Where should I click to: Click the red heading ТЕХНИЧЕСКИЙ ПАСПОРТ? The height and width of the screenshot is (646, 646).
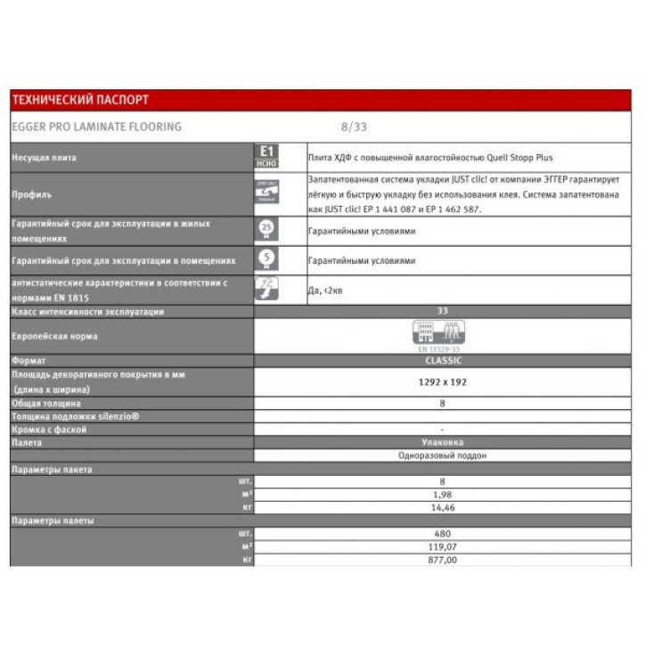80,100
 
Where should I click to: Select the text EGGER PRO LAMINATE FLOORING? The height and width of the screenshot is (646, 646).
97,127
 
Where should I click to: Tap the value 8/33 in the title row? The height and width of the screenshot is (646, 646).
354,127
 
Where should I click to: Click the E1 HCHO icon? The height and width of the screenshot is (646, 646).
266,156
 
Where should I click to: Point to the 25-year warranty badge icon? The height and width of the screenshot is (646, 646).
266,230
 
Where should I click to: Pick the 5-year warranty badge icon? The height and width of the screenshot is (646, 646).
266,260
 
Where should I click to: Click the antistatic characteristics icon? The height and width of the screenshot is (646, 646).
266,288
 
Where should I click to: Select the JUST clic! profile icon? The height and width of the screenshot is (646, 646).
266,192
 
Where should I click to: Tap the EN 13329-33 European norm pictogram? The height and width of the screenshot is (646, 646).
442,336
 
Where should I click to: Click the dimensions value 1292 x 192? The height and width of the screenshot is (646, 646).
442,381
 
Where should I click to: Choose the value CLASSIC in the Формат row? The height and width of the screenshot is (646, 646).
442,361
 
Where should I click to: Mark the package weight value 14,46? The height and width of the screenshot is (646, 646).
442,507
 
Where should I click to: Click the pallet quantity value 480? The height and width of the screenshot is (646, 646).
442,534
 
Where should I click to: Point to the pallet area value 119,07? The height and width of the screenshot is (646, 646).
442,546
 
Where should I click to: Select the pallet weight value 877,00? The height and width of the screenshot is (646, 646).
442,560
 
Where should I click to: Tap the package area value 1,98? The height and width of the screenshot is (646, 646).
442,494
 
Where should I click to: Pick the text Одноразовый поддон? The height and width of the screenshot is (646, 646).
442,455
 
